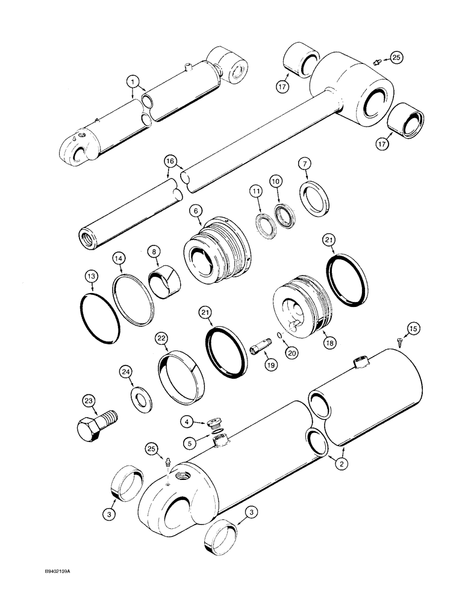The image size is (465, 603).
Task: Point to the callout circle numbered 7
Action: point(304,165)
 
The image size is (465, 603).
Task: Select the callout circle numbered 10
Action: point(276,182)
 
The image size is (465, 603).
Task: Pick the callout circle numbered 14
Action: point(118,259)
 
